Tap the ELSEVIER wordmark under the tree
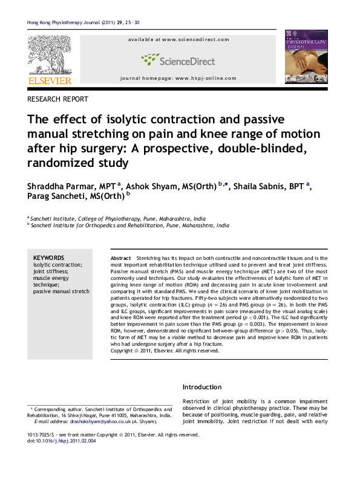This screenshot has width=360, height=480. click(50, 80)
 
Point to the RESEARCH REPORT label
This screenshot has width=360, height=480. click(58, 99)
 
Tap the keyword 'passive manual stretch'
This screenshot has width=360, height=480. click(61, 291)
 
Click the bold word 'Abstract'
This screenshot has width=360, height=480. click(122, 258)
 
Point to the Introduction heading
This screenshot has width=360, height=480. click(203, 387)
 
